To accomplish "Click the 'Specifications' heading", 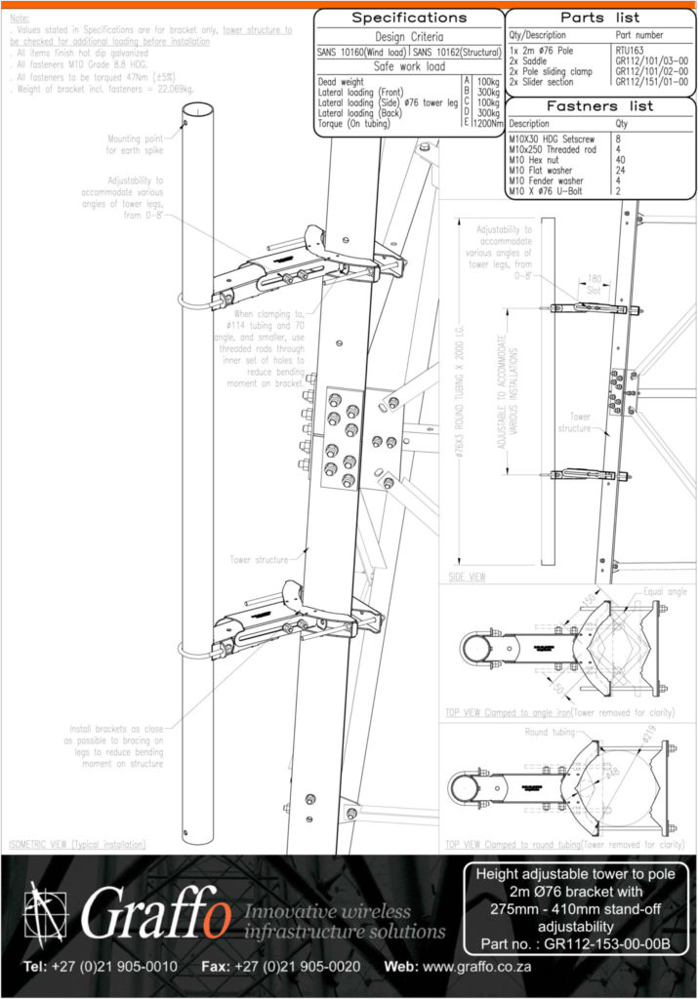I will pyautogui.click(x=408, y=18).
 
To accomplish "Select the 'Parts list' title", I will pyautogui.click(x=600, y=18).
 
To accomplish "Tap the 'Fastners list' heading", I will pyautogui.click(x=600, y=105).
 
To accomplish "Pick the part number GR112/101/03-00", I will pyautogui.click(x=651, y=59).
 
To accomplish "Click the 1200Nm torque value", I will pyautogui.click(x=487, y=124).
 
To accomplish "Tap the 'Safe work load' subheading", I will pyautogui.click(x=408, y=66).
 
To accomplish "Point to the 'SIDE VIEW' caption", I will pyautogui.click(x=466, y=577).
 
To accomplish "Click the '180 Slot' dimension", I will pyautogui.click(x=588, y=282).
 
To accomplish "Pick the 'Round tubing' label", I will pyautogui.click(x=550, y=731).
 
